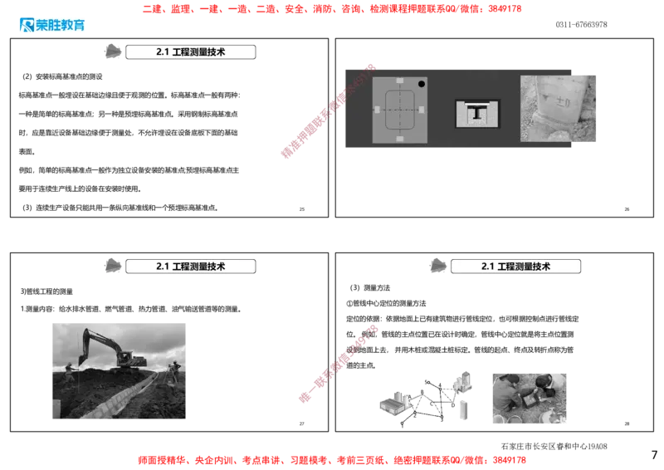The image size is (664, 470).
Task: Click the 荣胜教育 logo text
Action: click(61, 25)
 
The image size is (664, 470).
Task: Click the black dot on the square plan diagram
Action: click(422, 84)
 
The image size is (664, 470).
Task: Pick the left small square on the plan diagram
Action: click(376, 110)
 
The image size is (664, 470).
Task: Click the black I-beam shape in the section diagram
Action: click(477, 113)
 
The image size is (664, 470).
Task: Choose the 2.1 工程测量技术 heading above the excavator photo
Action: click(191, 267)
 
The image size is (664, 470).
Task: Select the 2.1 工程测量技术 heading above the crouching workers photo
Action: click(516, 267)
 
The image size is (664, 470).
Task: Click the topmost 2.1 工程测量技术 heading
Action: click(191, 51)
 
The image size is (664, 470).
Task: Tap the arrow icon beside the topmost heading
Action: click(111, 51)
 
